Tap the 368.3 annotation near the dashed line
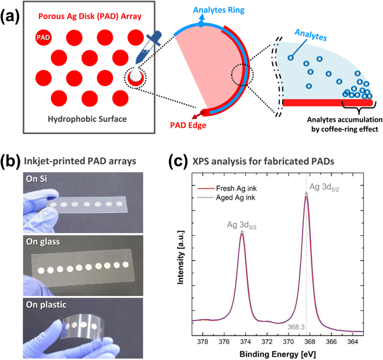click(296, 327)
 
